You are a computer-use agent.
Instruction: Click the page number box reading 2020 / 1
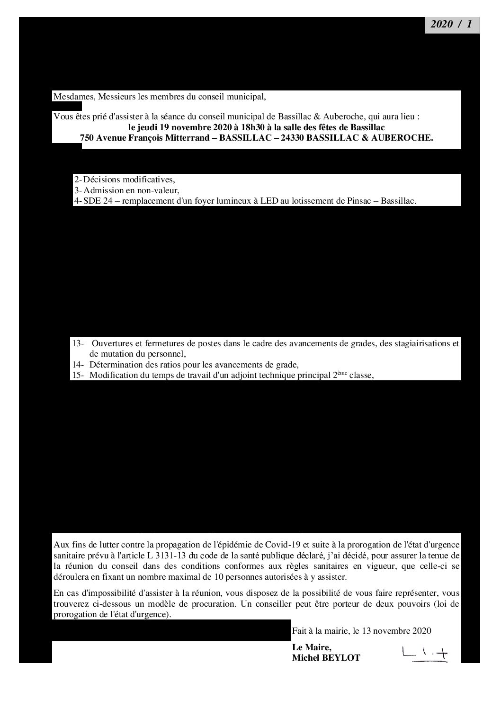(x=452, y=26)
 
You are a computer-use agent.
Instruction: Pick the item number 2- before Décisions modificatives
(x=78, y=180)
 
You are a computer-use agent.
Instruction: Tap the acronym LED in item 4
(x=269, y=201)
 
